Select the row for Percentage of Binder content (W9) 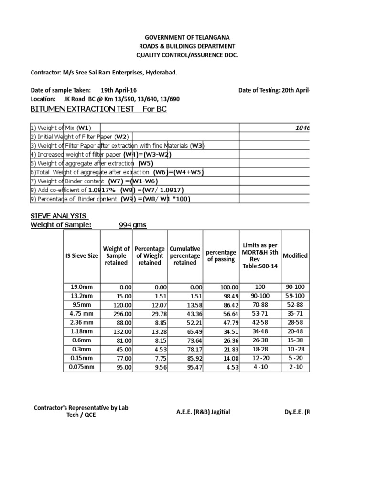click(110, 199)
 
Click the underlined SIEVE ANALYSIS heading click(59, 216)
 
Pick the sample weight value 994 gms click(132, 225)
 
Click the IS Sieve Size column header click(81, 256)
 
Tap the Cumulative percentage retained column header click(185, 256)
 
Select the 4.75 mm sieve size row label click(83, 313)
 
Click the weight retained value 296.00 click(119, 313)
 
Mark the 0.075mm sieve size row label click(83, 367)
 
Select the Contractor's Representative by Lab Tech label click(81, 411)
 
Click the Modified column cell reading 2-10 click(295, 367)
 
